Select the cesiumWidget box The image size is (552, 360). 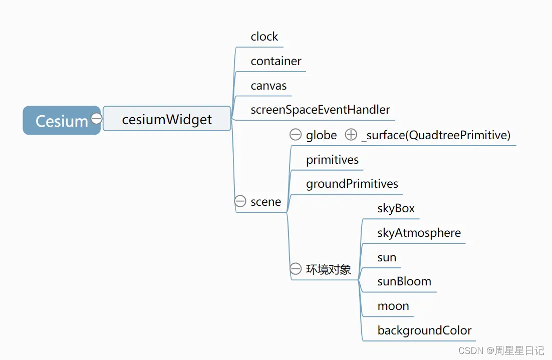[167, 119]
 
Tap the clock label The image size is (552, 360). [264, 37]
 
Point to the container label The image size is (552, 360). [276, 61]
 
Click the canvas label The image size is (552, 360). [268, 86]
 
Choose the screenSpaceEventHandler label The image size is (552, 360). [320, 110]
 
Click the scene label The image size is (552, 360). [265, 202]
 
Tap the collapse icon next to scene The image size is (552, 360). [240, 201]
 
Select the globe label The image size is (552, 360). [321, 135]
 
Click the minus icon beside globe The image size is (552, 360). [296, 135]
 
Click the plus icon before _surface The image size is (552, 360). [351, 135]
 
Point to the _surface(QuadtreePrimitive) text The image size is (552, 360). [435, 135]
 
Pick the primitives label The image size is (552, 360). [332, 160]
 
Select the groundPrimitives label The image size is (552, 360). [352, 184]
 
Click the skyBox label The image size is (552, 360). [396, 208]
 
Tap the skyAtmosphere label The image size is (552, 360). [419, 233]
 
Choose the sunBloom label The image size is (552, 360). [404, 281]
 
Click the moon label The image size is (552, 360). [393, 306]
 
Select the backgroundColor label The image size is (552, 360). [424, 330]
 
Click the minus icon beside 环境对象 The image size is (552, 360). [296, 269]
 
